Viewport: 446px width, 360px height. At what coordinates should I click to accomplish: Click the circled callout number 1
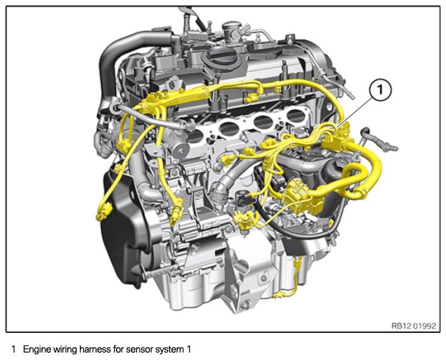coord(380,90)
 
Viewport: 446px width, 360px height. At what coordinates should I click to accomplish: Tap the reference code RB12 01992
coord(414,326)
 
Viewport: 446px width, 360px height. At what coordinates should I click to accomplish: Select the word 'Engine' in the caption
coord(36,349)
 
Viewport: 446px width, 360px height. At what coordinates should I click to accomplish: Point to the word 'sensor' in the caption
coord(138,349)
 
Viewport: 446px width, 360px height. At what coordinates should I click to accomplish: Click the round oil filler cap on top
coord(219,58)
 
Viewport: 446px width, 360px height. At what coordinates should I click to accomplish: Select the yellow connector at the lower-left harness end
coord(104,212)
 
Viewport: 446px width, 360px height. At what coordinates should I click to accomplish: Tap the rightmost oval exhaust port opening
coord(295,116)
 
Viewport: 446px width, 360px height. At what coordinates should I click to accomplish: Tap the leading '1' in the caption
coord(13,349)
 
